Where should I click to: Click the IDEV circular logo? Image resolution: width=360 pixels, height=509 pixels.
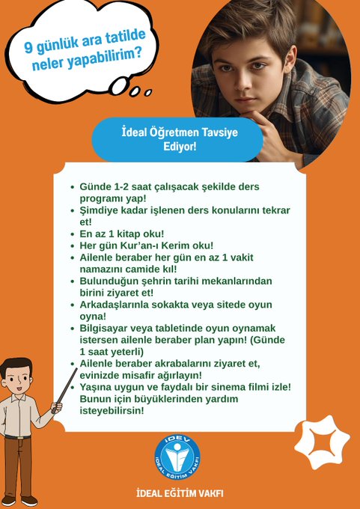(177, 454)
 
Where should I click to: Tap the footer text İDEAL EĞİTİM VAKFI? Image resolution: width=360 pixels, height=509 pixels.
(180, 494)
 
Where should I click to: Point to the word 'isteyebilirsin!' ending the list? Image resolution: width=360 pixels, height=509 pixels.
(112, 410)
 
